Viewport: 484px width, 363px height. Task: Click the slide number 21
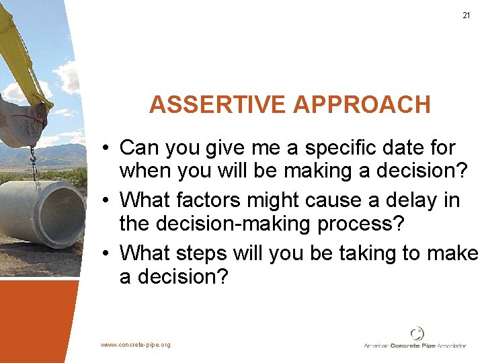[x=467, y=15]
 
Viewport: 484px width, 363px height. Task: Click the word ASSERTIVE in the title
[x=218, y=105]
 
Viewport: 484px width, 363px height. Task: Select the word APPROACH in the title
[x=362, y=105]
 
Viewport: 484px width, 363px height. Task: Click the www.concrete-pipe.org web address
[x=136, y=345]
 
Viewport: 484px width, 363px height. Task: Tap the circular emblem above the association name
[x=417, y=333]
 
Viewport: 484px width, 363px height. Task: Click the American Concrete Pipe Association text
[x=415, y=346]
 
